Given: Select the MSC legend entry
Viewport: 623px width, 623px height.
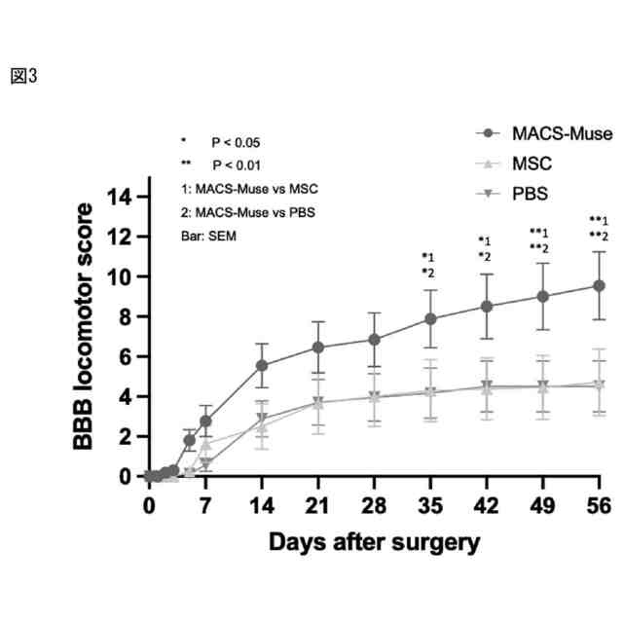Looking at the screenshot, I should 532,164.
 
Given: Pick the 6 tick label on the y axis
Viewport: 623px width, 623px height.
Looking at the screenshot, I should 125,356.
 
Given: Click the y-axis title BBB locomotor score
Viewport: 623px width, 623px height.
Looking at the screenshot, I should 87,326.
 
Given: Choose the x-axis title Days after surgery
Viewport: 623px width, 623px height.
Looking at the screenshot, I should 375,540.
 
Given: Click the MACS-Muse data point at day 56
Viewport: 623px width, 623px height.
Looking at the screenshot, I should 600,285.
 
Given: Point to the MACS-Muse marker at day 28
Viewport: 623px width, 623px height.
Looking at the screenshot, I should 374,340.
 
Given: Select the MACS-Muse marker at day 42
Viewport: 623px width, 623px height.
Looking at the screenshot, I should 487,306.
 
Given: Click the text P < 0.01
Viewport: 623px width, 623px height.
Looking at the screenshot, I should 236,165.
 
